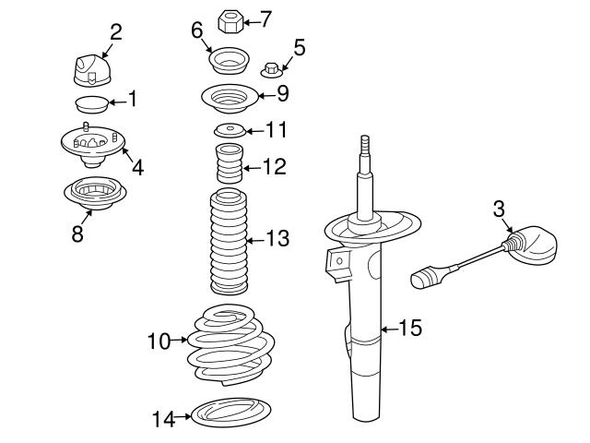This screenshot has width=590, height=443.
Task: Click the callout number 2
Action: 115,32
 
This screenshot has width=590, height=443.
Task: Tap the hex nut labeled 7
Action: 229,19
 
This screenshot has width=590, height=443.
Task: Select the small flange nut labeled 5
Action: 271,67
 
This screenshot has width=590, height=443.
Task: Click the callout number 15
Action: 409,328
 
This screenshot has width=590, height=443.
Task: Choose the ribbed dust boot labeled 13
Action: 228,242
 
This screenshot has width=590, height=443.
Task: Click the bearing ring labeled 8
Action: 92,193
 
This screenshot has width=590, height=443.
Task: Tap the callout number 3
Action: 499,210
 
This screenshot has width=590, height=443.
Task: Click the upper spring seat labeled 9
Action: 228,96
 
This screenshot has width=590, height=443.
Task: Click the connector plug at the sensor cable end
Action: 426,276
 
